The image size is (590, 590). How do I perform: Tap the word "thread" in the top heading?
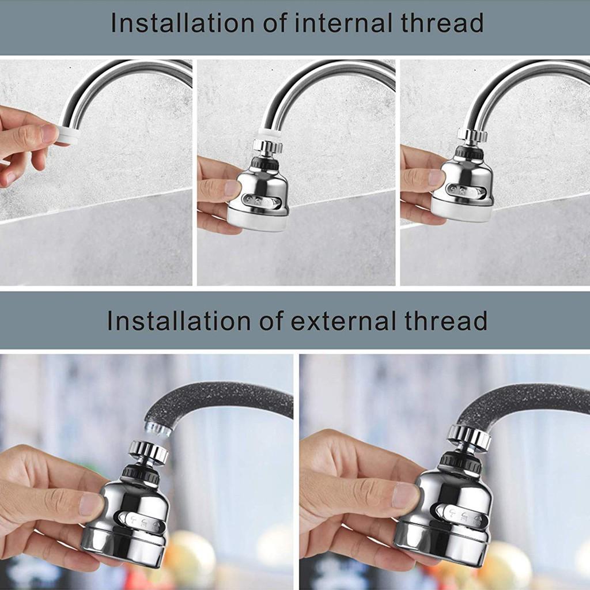coord(440,23)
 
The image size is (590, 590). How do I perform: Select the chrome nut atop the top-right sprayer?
coord(472,135)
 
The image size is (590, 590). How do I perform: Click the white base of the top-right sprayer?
coord(462,210)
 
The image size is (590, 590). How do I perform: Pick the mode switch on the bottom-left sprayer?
coord(141,520)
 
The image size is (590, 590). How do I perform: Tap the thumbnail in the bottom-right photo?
coord(406,494)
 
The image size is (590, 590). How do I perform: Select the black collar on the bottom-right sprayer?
coord(461,462)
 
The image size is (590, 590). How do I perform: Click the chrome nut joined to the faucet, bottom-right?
coord(469,436)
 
